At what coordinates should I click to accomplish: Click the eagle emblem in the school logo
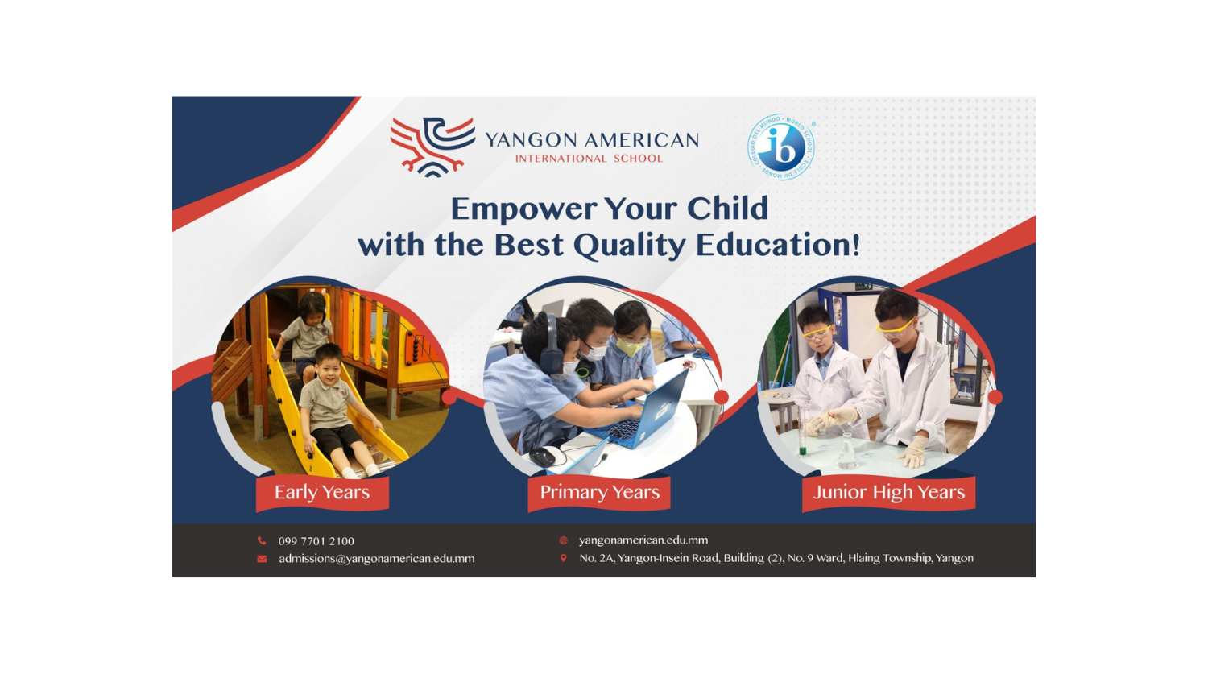pyautogui.click(x=432, y=147)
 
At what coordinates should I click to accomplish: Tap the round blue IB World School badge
pyautogui.click(x=781, y=147)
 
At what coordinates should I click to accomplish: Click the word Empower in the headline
pyautogui.click(x=523, y=209)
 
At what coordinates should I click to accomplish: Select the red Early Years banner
pyautogui.click(x=322, y=493)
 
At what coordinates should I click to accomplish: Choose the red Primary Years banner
pyautogui.click(x=599, y=493)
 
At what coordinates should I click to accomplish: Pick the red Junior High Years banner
pyautogui.click(x=888, y=493)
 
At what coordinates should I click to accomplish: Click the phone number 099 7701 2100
pyautogui.click(x=316, y=541)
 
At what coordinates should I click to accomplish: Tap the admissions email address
pyautogui.click(x=376, y=559)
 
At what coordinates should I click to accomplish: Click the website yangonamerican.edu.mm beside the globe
pyautogui.click(x=643, y=540)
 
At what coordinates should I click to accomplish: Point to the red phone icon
pyautogui.click(x=262, y=541)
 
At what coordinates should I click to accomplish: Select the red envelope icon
pyautogui.click(x=262, y=559)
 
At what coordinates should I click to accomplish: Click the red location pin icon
pyautogui.click(x=564, y=558)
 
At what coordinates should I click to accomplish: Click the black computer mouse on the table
pyautogui.click(x=543, y=457)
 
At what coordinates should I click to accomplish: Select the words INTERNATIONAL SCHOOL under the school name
pyautogui.click(x=589, y=159)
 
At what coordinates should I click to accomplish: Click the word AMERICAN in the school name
pyautogui.click(x=642, y=140)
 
